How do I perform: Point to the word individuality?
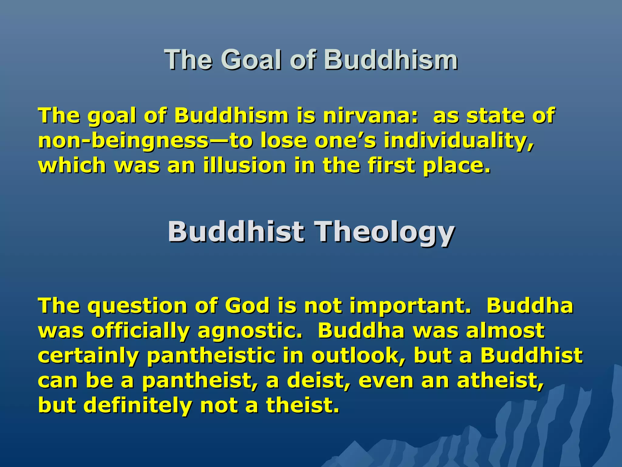459,141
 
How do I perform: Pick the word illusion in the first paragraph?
245,166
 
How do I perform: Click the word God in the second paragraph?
247,306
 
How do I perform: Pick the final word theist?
302,406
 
